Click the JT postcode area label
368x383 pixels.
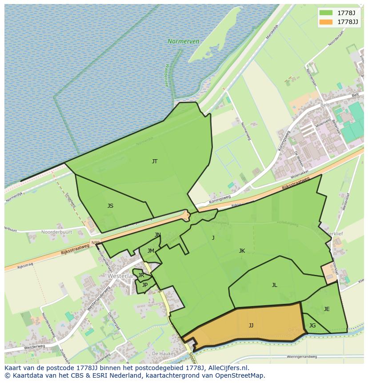coord(155,161)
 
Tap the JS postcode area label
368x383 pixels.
coord(110,206)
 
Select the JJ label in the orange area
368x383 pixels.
coord(251,326)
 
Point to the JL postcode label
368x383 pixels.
coord(274,285)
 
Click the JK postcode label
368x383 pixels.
coord(242,251)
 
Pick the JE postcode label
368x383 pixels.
coord(327,309)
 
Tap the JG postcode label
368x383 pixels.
coord(312,326)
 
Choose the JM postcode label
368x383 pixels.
coord(151,251)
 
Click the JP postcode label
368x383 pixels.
coord(145,285)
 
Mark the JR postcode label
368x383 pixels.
coord(141,275)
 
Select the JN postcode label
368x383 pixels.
coord(158,235)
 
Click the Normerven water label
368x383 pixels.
coord(183,41)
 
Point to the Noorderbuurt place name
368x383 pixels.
coord(56,232)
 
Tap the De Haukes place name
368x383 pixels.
coord(162,353)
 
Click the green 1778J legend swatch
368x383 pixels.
coord(326,12)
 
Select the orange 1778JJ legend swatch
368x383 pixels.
coord(326,21)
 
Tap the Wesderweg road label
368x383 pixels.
coord(35,347)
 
